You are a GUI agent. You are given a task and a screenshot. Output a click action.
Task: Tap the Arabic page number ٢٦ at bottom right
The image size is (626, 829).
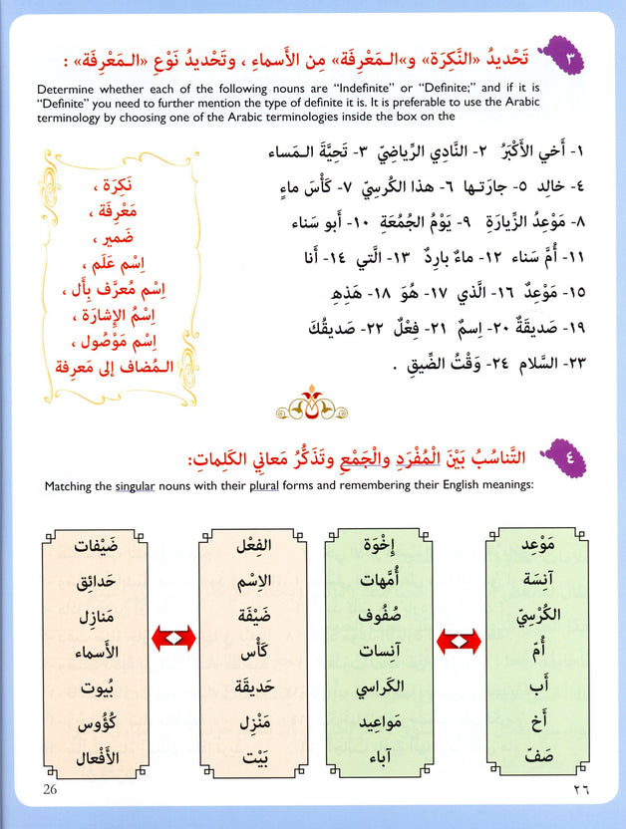[x=575, y=791]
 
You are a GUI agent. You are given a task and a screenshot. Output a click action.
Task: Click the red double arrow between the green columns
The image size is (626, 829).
[x=460, y=635]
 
